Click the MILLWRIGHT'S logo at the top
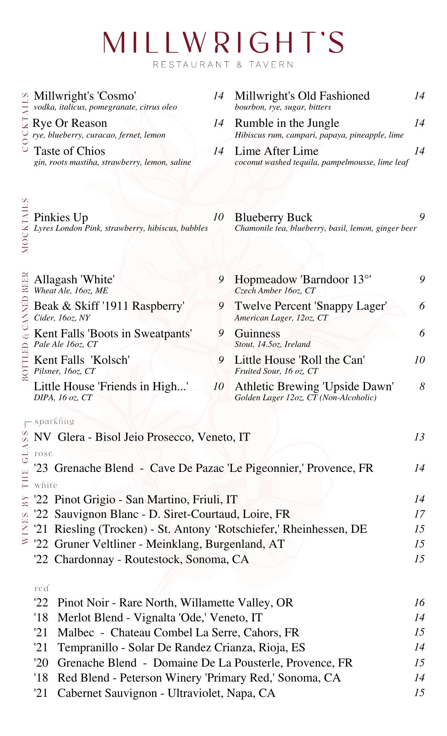(223, 42)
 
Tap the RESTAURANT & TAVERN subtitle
(223, 64)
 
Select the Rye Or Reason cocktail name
(70, 123)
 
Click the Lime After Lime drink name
(276, 151)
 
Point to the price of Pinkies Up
(218, 217)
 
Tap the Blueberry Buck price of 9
(422, 217)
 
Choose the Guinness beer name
(257, 333)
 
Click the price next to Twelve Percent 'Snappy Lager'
(422, 306)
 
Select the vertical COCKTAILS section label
(25, 122)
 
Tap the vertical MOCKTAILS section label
(25, 225)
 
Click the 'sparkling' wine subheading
(54, 421)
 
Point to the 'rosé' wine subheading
(43, 453)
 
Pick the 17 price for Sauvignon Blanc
(419, 514)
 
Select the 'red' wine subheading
(42, 588)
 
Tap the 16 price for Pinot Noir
(419, 602)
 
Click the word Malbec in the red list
(76, 632)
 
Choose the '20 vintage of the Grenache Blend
(41, 662)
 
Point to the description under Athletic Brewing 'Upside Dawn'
(305, 398)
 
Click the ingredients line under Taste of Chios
(112, 162)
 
